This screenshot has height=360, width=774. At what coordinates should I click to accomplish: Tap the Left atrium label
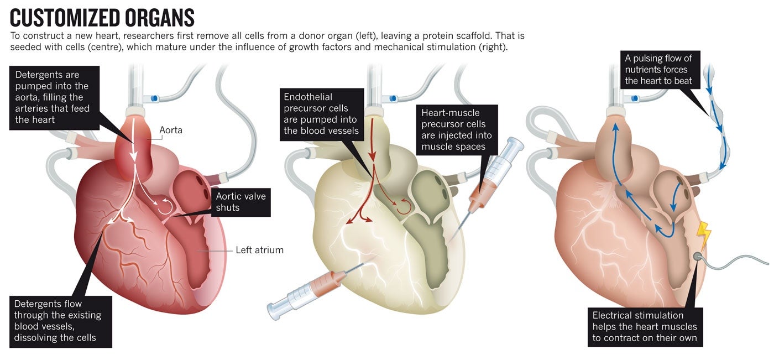point(259,250)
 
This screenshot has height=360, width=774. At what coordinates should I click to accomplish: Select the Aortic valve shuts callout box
point(240,201)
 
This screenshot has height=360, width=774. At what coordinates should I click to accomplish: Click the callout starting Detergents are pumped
point(54,98)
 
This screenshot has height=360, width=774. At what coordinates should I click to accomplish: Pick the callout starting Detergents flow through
point(61,321)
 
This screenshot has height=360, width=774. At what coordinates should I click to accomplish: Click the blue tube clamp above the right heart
point(634,99)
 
